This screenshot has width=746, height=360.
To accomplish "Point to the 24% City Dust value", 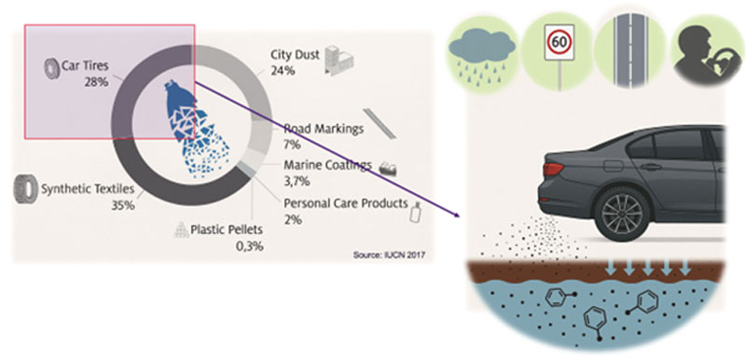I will coord(283,70).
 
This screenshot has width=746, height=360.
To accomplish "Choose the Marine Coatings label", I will coord(326,166).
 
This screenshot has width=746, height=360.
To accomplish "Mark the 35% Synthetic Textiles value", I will coord(125,204).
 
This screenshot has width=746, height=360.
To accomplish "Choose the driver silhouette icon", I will coord(701,45).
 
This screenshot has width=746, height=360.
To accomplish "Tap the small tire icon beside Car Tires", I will coord(49,68).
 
